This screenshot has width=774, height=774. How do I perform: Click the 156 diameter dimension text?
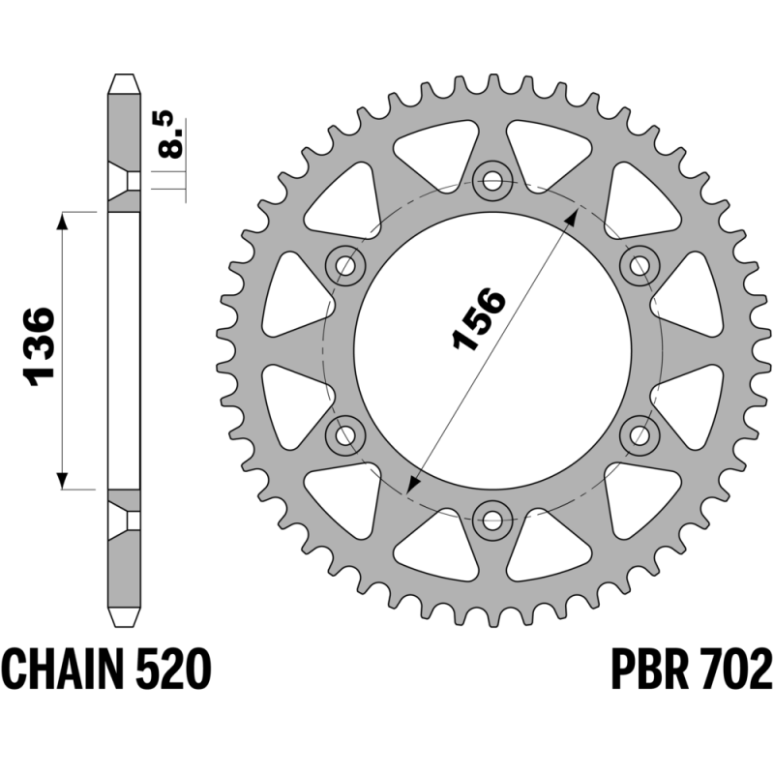(479, 319)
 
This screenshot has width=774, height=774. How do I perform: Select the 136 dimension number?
(39, 346)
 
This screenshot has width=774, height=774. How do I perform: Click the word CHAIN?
(62, 670)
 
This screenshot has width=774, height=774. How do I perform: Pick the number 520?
(173, 670)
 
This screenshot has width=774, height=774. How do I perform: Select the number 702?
(735, 670)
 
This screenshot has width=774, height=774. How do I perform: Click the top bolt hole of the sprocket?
(492, 181)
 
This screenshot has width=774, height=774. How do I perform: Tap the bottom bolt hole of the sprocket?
(492, 520)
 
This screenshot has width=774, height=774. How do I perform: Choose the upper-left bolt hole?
(345, 266)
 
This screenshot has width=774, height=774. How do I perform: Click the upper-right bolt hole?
(640, 266)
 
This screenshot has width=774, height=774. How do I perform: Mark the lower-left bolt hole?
(345, 434)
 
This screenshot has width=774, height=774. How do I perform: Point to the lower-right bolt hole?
(640, 434)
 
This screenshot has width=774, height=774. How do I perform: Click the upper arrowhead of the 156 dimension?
(572, 216)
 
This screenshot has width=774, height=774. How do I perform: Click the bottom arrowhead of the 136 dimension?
(62, 480)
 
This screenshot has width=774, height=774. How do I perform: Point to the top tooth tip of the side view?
(124, 75)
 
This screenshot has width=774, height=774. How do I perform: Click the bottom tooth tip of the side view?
(124, 626)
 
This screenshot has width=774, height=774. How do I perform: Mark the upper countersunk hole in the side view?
(124, 181)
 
